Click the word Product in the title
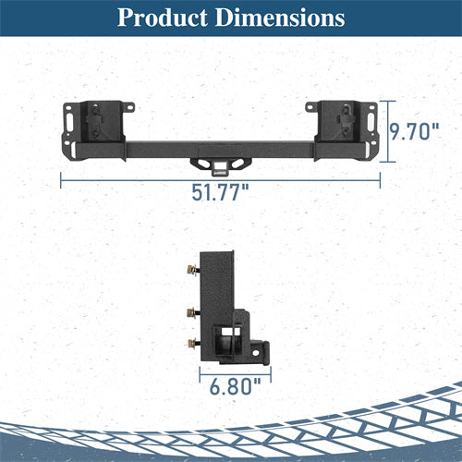point(165,18)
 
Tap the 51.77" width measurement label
point(222,193)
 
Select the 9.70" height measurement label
point(412,132)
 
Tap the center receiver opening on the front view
point(220,167)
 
